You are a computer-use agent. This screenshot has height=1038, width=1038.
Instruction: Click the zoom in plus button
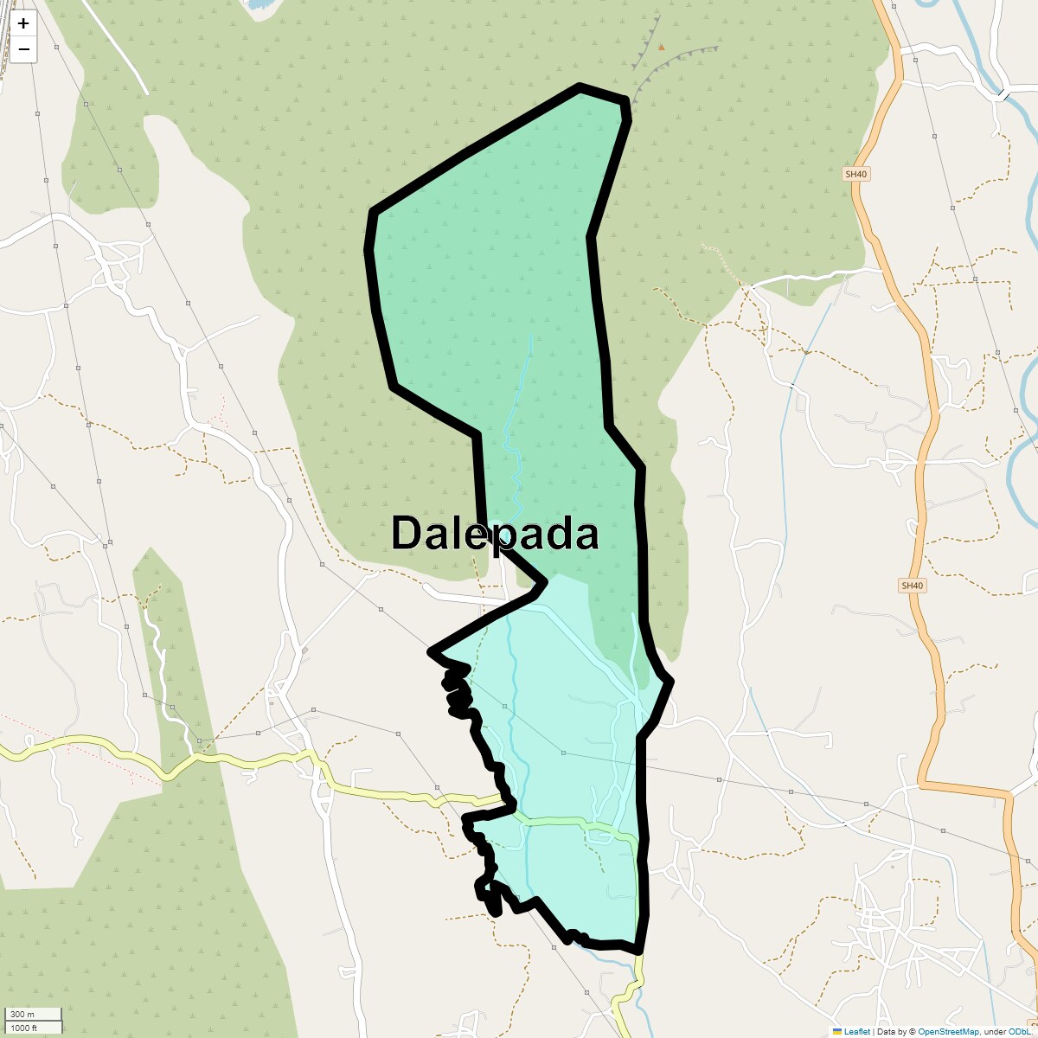coord(23,23)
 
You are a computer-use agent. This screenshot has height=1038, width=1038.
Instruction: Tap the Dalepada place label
coord(495,533)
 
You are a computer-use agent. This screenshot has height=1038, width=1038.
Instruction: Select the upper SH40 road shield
coord(855,174)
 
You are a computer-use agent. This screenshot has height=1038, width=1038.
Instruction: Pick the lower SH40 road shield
coord(912,586)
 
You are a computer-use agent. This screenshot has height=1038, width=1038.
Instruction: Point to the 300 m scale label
coord(22,1015)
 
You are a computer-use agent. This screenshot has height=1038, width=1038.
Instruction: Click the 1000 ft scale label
coord(23,1028)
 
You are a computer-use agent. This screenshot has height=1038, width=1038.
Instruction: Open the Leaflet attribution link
coord(856,1031)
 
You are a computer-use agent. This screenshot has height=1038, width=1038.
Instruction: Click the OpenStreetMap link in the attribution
coord(948,1031)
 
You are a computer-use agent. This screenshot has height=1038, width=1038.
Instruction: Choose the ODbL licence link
coord(1017,1031)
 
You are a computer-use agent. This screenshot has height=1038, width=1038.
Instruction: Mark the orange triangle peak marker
coord(661,48)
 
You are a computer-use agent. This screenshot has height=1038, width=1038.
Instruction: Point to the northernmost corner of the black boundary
coord(580,86)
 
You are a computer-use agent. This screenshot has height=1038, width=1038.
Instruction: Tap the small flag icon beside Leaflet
coord(836,1031)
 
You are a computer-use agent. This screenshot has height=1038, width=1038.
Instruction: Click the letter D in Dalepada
coord(406,533)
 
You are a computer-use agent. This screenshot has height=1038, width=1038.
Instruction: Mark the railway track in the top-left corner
coord(7,43)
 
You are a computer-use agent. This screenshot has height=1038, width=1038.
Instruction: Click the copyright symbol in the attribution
coord(913,1031)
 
